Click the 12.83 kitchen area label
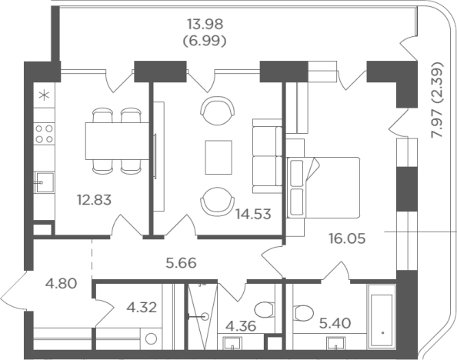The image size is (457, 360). coord(94,200)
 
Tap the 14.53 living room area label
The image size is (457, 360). coord(253,214)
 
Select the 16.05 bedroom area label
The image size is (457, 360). coord(347,238)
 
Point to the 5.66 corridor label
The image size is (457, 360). coord(181,263)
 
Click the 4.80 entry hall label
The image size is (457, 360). coord(62,283)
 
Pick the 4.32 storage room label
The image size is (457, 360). coord(142,307)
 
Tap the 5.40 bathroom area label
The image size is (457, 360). coord(335,323)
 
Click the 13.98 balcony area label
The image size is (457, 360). coord(205,24)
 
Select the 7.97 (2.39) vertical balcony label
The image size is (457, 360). coord(438,99)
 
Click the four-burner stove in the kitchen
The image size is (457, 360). coord(44,134)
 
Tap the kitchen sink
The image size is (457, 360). coord(45,182)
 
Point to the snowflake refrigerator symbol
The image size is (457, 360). coord(45,95)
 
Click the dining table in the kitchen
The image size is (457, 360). coord(117,141)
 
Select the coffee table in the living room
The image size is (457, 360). coord(218,157)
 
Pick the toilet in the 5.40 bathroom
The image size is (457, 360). coord(303,312)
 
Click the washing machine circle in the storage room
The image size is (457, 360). coord(152,338)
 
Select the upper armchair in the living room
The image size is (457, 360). coord(218,110)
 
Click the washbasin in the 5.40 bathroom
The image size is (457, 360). coord(336,343)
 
